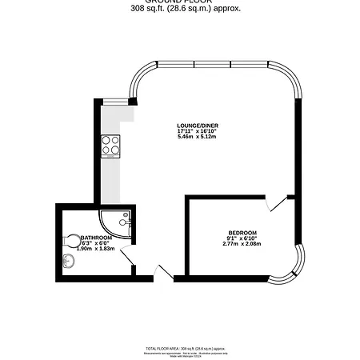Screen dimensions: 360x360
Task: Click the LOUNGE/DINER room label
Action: pyautogui.click(x=198, y=126)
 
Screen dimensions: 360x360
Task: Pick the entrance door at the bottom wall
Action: pyautogui.click(x=163, y=273)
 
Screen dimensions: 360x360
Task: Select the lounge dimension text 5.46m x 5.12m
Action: pyautogui.click(x=198, y=138)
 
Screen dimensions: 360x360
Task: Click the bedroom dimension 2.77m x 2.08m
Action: pyautogui.click(x=242, y=243)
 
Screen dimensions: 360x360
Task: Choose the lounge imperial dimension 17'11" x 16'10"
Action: pyautogui.click(x=198, y=131)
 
